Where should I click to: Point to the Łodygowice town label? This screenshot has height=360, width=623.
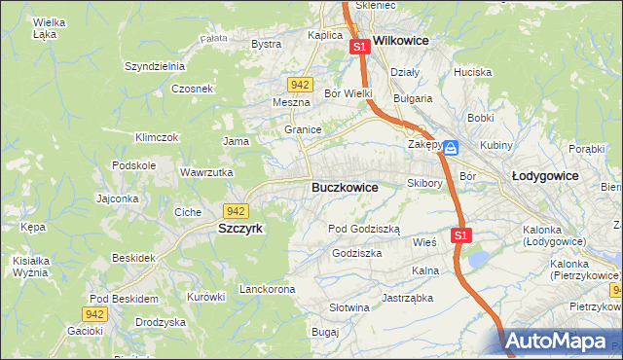click(x=545, y=176)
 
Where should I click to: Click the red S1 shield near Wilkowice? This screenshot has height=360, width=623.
click(x=359, y=47)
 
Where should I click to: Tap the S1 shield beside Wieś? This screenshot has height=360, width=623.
click(x=461, y=235)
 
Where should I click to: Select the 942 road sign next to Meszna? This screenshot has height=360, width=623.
click(x=301, y=85)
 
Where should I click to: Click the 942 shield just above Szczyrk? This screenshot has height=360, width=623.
click(x=235, y=211)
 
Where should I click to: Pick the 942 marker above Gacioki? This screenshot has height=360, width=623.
click(x=94, y=314)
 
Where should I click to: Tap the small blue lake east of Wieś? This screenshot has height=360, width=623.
click(x=478, y=258)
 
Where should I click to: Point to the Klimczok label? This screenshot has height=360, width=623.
click(x=157, y=137)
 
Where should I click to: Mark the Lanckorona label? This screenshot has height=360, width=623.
click(x=267, y=290)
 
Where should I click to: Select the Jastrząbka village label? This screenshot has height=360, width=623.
click(x=407, y=298)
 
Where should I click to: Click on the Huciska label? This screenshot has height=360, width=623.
click(x=472, y=72)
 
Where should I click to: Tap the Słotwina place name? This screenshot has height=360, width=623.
click(x=349, y=307)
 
